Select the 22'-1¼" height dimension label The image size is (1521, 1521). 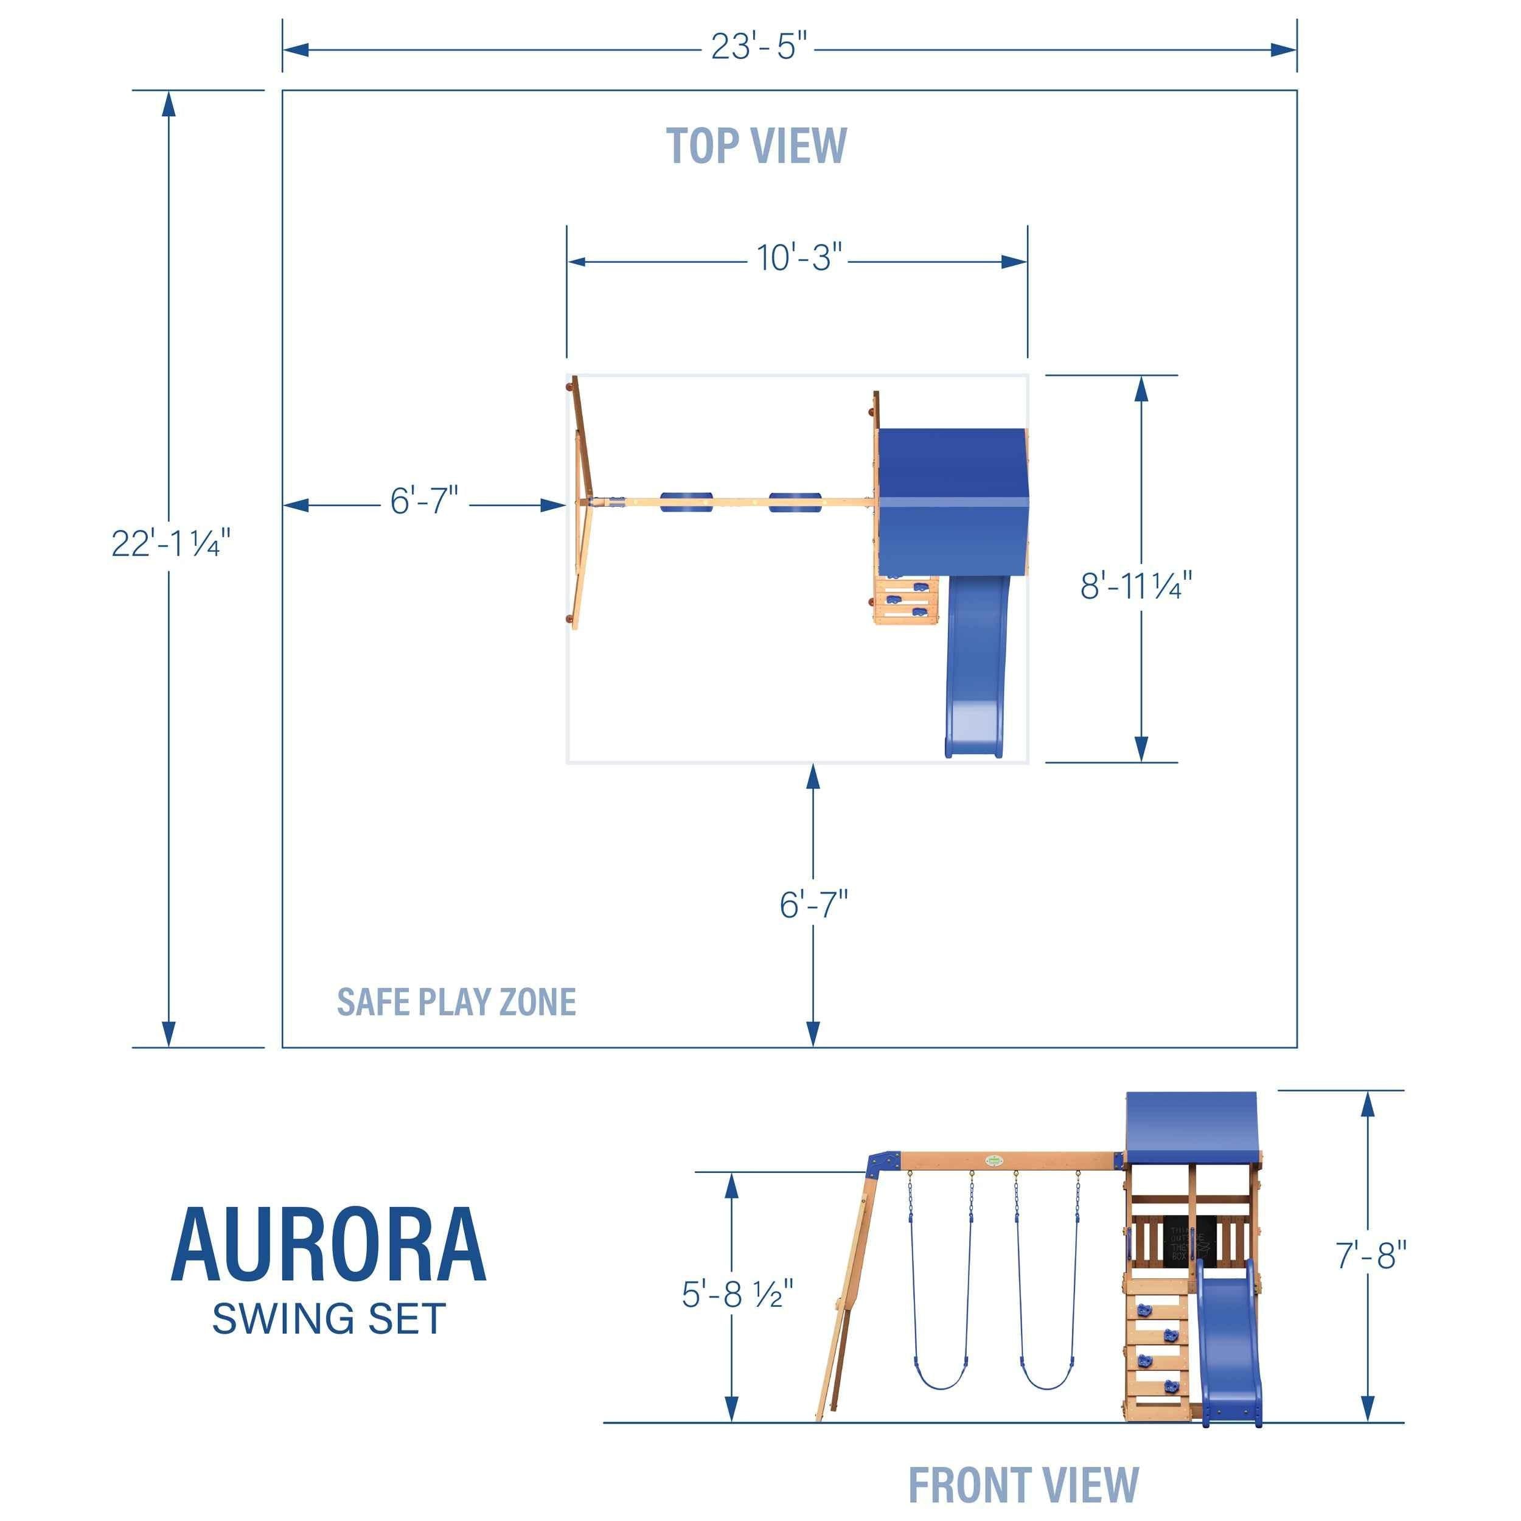[x=171, y=543]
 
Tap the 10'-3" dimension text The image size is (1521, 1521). [x=799, y=258]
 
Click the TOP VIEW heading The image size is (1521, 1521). [x=756, y=147]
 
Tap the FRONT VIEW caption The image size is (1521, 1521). [x=1023, y=1486]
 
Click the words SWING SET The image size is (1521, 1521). [x=329, y=1318]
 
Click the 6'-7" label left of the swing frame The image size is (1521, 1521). [x=423, y=501]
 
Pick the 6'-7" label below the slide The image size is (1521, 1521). [x=813, y=905]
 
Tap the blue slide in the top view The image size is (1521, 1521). [x=975, y=669]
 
